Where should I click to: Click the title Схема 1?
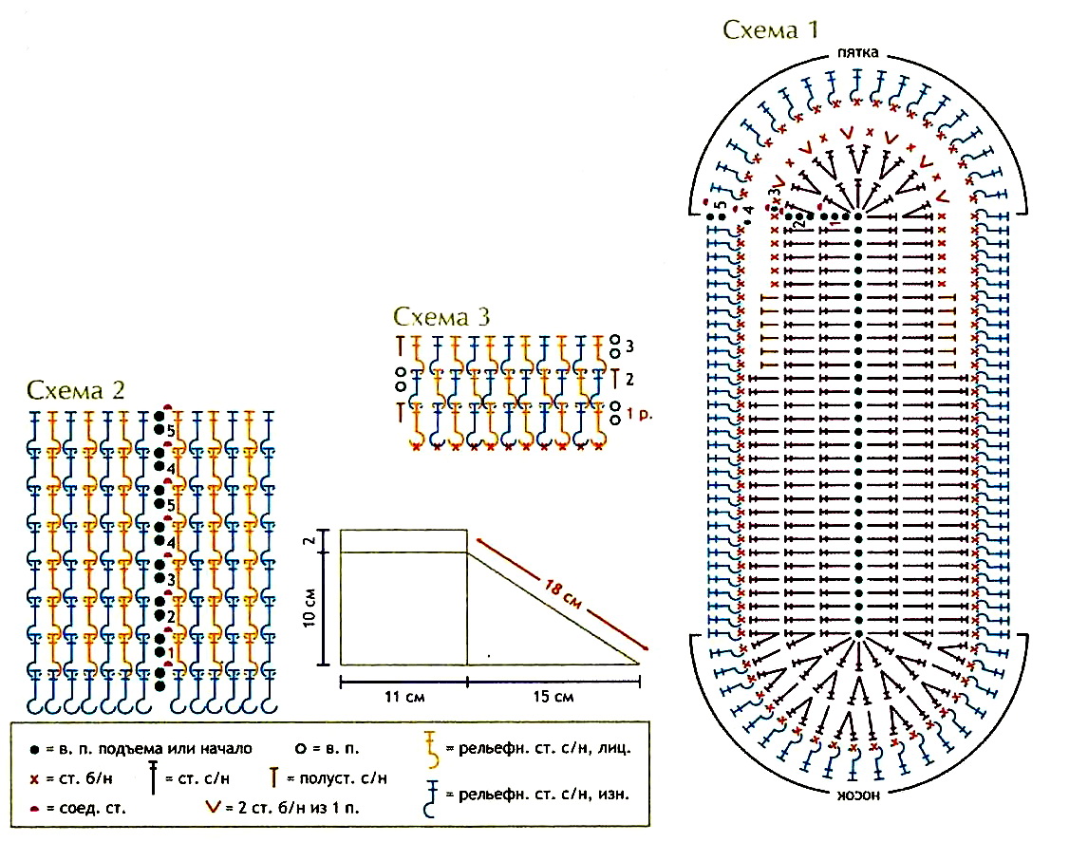(x=770, y=29)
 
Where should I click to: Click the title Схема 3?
(x=442, y=315)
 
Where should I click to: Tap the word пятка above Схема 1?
(x=858, y=52)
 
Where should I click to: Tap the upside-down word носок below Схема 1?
(x=858, y=793)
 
